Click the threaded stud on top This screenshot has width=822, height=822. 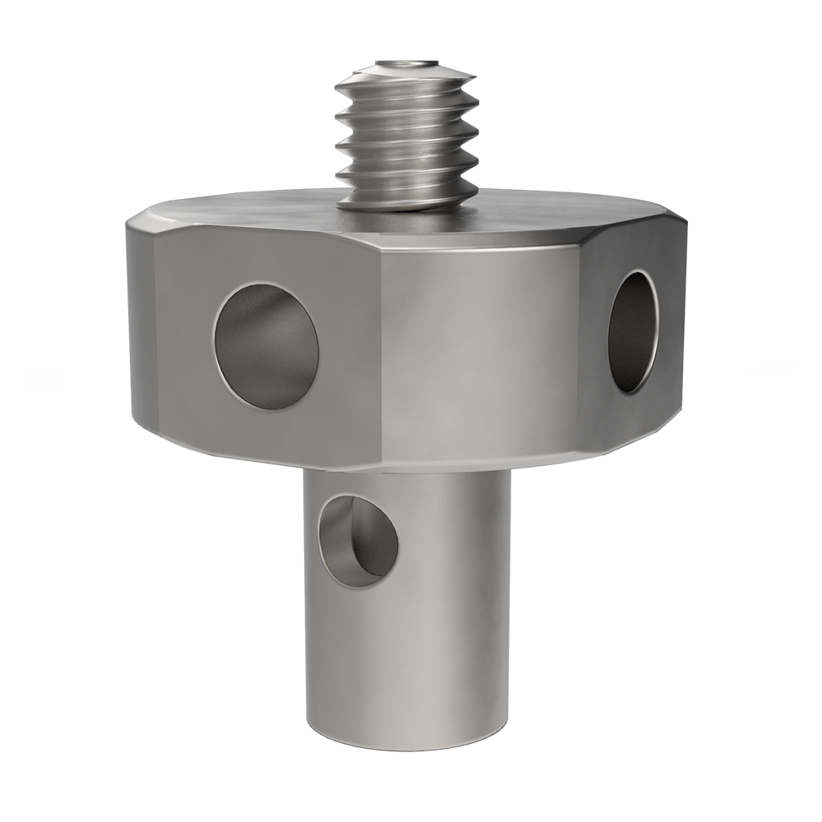[407, 140]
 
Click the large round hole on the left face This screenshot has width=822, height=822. [266, 346]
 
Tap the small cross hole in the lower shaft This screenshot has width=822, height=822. [358, 540]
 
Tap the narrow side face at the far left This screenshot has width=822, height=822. [141, 329]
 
